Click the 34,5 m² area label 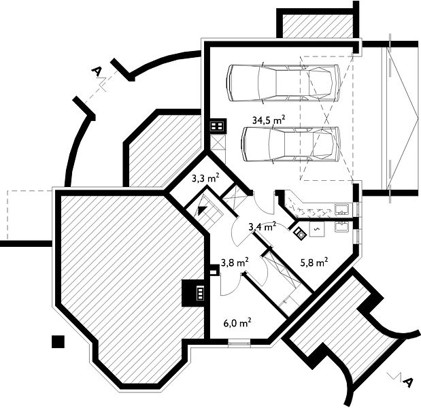(269, 120)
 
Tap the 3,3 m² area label (205, 178)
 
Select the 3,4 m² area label (263, 227)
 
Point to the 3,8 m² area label (235, 262)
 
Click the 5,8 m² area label (314, 262)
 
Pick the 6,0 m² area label (237, 322)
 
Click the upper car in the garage (284, 83)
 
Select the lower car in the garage (291, 144)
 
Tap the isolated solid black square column (58, 341)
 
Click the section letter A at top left (97, 71)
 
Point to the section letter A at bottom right (407, 381)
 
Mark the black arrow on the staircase (202, 210)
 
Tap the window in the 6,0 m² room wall (239, 343)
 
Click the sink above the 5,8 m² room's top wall (342, 209)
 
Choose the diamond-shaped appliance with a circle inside (301, 233)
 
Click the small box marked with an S (317, 228)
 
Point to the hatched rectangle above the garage (318, 26)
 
